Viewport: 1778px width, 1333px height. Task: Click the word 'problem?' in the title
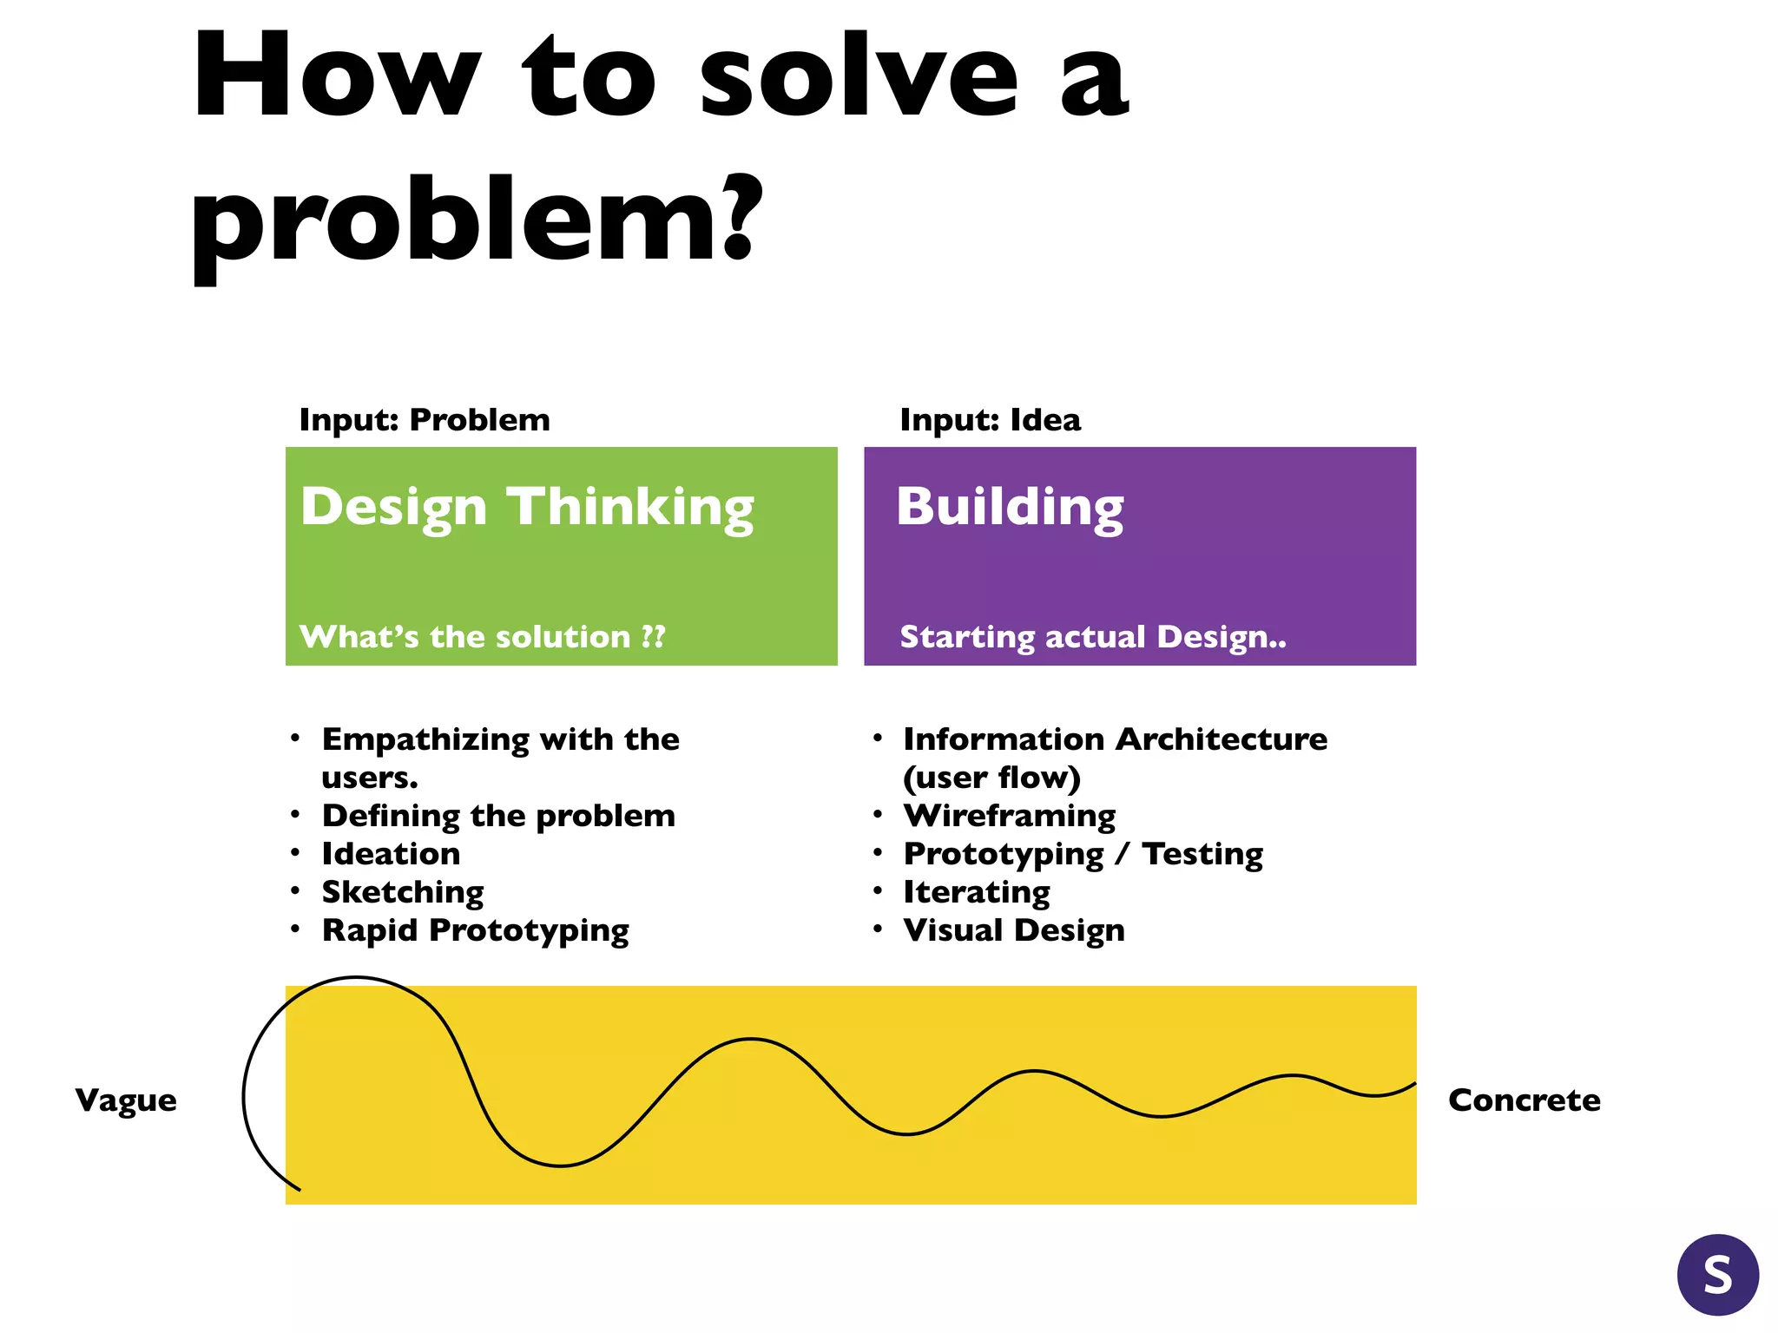[x=476, y=221]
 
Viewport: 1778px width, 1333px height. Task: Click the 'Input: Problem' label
[x=425, y=420]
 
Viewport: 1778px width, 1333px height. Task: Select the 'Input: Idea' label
[x=990, y=420]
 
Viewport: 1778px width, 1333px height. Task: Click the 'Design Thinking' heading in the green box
[x=527, y=507]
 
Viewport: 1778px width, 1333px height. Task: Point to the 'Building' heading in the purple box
[x=1010, y=507]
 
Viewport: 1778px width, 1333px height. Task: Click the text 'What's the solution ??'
[x=483, y=637]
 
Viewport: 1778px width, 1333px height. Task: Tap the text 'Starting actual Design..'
[x=1093, y=637]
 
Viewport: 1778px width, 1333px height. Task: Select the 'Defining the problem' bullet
[x=498, y=816]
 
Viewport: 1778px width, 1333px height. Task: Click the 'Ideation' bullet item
[x=391, y=854]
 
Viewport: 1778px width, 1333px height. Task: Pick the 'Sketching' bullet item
[x=403, y=892]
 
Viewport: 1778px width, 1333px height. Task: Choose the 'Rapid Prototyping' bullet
[x=475, y=930]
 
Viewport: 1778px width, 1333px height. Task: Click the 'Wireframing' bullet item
[x=1010, y=816]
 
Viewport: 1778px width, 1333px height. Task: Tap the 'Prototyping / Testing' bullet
[x=1083, y=854]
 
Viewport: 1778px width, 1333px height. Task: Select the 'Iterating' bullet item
[x=977, y=892]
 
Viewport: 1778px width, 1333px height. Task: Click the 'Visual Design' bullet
[x=1014, y=930]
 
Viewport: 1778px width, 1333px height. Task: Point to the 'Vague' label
[x=126, y=1100]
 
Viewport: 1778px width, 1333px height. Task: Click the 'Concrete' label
[x=1524, y=1100]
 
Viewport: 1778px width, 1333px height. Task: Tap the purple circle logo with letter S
[x=1718, y=1275]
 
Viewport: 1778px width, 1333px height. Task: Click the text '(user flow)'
[x=991, y=778]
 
